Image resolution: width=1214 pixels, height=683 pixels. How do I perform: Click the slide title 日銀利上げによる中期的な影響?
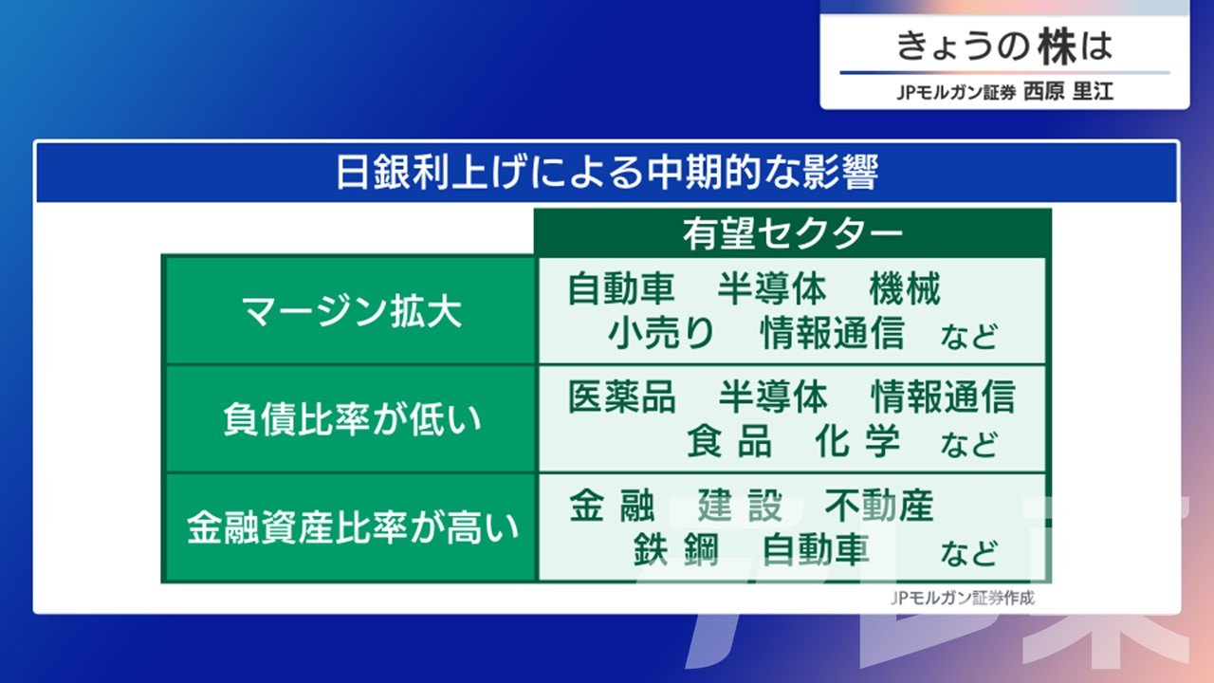coord(607,173)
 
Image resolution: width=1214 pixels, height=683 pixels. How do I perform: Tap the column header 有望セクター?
coord(792,234)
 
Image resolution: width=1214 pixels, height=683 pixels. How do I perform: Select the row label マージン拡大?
coord(351,312)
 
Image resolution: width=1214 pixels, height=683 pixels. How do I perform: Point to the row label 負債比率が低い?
coord(352,419)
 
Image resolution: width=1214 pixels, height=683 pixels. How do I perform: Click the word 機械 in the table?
coord(905,288)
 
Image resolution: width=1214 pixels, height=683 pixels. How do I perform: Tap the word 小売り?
coord(661,332)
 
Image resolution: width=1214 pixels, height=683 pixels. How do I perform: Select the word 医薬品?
coord(621,397)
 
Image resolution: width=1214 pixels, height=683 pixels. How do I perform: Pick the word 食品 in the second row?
coord(729,441)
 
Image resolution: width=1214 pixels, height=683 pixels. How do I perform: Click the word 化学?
coord(857,441)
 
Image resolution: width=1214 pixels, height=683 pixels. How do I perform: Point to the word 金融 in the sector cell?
coord(612,506)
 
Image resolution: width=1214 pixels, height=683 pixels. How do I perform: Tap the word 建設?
coord(740,506)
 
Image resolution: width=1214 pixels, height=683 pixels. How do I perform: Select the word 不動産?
coord(878,506)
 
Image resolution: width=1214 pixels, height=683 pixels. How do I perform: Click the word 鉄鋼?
coord(676,549)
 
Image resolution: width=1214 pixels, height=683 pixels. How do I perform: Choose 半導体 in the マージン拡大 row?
coord(772,288)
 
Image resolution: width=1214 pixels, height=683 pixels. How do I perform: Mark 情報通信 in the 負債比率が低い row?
coord(943,397)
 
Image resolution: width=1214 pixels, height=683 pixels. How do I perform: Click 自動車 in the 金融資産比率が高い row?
coord(816,549)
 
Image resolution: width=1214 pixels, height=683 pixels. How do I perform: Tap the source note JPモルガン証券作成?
coord(963,598)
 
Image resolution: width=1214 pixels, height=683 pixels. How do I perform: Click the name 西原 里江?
coord(1068,91)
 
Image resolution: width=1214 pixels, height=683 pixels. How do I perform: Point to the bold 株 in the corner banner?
coord(1057,46)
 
